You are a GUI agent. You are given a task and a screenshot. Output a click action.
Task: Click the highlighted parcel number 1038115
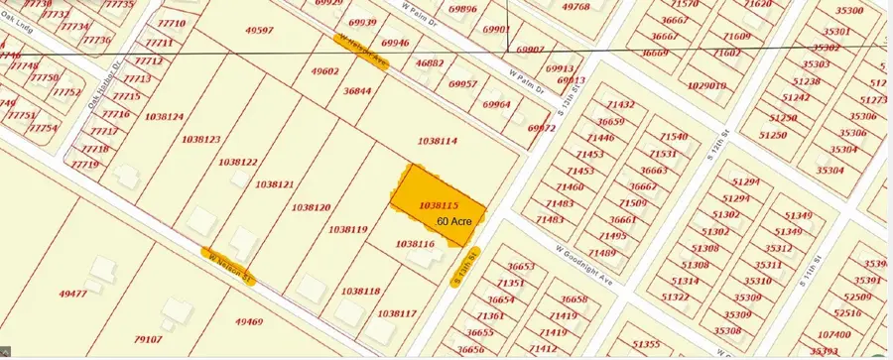439,205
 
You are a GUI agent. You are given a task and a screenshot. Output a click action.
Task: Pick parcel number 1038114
438,142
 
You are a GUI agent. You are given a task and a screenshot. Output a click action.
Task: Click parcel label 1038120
311,207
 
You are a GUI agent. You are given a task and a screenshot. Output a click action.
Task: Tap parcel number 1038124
164,117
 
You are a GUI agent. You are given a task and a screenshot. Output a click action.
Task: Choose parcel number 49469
248,321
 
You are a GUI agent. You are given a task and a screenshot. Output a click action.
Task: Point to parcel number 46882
429,63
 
